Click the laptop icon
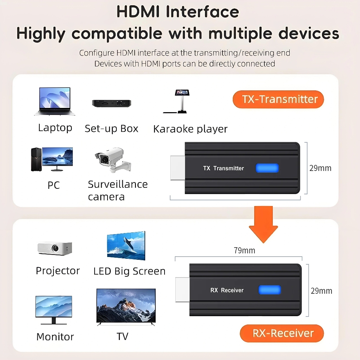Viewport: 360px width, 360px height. pyautogui.click(x=54, y=101)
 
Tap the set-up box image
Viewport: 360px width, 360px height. pyautogui.click(x=111, y=103)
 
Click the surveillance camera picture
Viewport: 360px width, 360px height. pyautogui.click(x=113, y=160)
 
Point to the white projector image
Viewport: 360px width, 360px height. pyautogui.click(x=55, y=249)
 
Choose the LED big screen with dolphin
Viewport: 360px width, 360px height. pyautogui.click(x=126, y=246)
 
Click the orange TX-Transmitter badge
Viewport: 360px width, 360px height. pyautogui.click(x=278, y=99)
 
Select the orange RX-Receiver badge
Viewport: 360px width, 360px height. pyautogui.click(x=282, y=333)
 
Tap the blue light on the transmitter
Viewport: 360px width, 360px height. pyautogui.click(x=267, y=168)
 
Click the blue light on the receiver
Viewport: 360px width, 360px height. pyautogui.click(x=270, y=290)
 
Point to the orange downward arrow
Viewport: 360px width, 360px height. pyautogui.click(x=263, y=224)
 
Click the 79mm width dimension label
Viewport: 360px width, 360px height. pyautogui.click(x=244, y=250)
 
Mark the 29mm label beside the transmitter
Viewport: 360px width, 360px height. pyautogui.click(x=320, y=168)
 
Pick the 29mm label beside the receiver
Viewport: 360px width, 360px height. pyautogui.click(x=321, y=291)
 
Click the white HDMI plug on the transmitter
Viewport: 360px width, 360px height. pyautogui.click(x=178, y=168)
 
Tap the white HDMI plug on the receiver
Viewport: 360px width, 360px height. pyautogui.click(x=182, y=290)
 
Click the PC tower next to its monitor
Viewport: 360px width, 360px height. pyautogui.click(x=36, y=159)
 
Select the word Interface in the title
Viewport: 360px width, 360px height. pyautogui.click(x=202, y=12)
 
